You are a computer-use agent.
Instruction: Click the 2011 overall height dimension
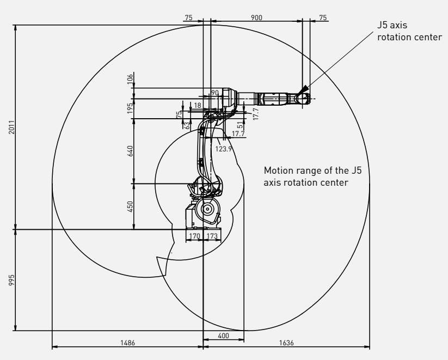click(11, 127)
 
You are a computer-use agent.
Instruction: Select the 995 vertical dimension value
click(11, 280)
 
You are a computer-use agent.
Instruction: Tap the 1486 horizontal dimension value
click(127, 343)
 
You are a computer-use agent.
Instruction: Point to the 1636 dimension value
click(286, 343)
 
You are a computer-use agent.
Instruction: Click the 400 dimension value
click(223, 335)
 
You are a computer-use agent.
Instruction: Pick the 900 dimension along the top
click(256, 17)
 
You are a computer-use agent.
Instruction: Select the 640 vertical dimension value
click(130, 151)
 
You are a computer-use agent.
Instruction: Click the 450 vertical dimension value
click(130, 206)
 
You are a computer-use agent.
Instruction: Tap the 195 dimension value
click(130, 108)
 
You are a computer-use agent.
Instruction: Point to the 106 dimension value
click(130, 79)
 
